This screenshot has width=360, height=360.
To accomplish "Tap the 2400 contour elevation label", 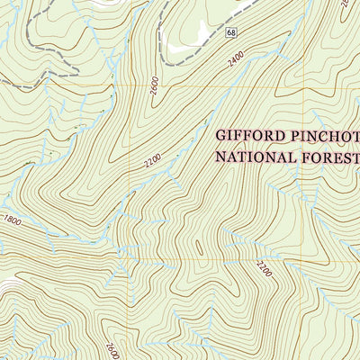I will click(236, 61).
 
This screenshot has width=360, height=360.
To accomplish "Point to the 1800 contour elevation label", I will click(12, 219).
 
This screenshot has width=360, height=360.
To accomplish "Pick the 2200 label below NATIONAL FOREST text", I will click(263, 267).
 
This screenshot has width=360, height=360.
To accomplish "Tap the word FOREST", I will click(332, 157).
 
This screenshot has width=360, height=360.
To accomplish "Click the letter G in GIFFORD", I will click(220, 137).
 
